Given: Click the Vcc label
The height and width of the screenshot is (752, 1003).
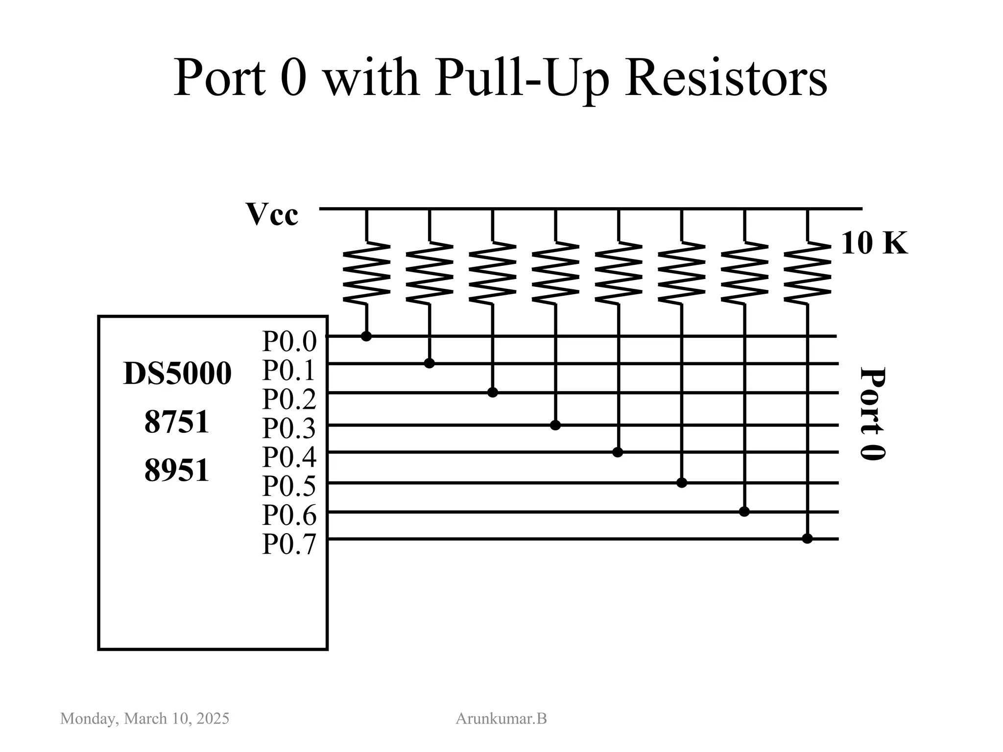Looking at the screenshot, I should point(272,214).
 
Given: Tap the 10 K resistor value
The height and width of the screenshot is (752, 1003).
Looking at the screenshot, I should point(874,243).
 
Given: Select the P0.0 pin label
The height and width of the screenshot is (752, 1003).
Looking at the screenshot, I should point(289,341).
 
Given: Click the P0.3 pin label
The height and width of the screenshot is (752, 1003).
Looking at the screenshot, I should point(289,428).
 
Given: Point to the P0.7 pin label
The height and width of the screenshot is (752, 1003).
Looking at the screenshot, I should point(289,544).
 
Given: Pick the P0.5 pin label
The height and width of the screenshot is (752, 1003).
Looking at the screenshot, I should point(289,486).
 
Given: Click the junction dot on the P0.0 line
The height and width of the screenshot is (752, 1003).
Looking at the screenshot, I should point(366,336).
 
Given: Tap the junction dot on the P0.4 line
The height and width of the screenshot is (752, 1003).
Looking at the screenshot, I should point(618,452).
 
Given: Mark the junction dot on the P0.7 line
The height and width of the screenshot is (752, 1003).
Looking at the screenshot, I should point(808,539).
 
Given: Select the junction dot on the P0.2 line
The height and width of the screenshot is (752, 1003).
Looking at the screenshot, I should point(493,393).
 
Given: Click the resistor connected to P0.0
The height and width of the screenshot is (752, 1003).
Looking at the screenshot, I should point(366,272).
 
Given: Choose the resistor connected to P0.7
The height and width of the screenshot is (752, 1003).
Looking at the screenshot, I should point(808,272).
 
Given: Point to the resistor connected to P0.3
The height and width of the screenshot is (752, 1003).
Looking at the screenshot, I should point(555,272).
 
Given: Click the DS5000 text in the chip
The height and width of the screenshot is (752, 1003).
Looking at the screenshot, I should point(177,374).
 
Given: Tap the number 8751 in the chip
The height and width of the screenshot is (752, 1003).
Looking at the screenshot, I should point(177,422).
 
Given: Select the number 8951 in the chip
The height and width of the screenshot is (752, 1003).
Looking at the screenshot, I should point(177,470).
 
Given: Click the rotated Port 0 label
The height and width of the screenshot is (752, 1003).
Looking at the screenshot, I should point(873,414).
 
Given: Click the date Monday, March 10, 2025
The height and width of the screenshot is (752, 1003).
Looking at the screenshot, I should point(144,719).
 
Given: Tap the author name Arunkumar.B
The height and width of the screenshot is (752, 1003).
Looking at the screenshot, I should point(501,719).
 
